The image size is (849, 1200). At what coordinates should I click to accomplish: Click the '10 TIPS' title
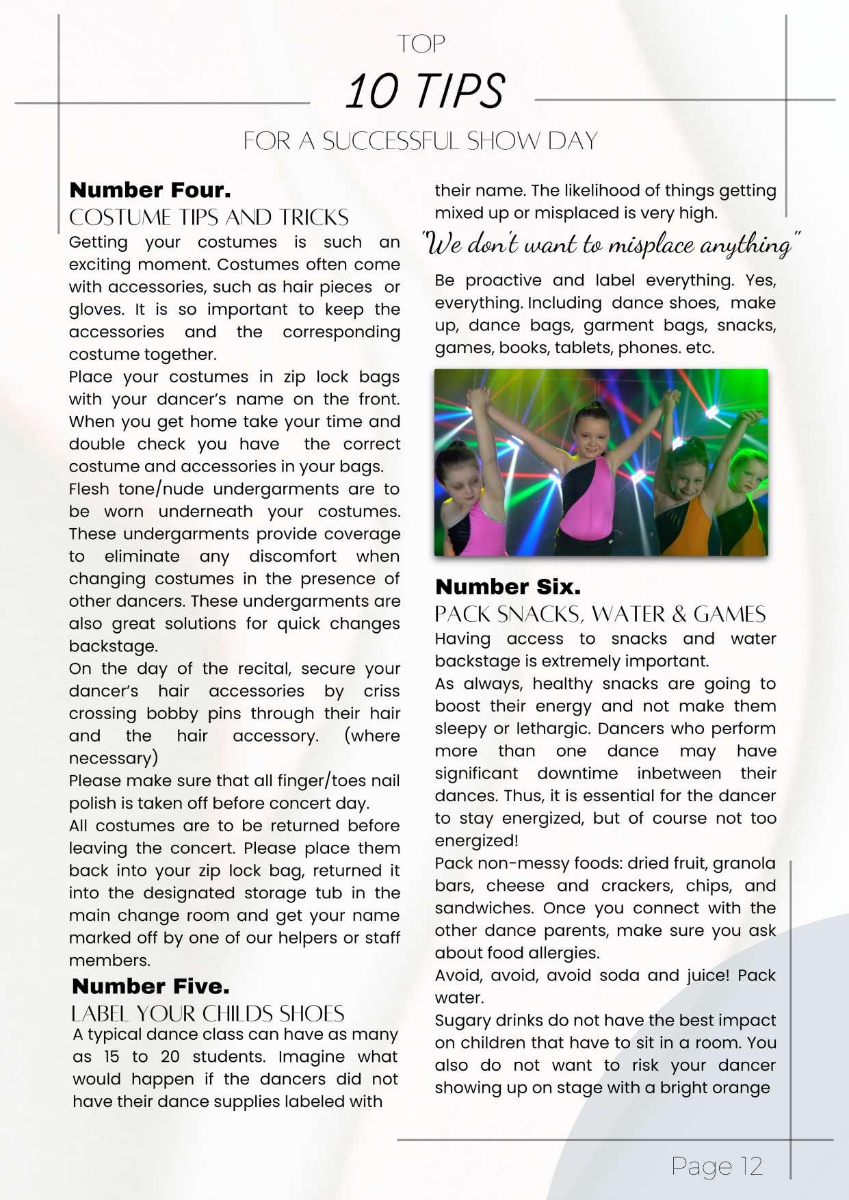point(425,91)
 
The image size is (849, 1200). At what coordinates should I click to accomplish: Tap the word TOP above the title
point(421,44)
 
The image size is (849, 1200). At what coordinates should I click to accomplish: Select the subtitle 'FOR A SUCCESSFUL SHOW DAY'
point(421,141)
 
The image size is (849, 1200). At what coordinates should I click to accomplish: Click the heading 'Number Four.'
point(150,190)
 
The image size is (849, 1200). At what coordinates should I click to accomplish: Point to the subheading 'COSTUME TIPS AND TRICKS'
point(209,218)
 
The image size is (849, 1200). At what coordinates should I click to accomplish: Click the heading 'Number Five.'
point(151,986)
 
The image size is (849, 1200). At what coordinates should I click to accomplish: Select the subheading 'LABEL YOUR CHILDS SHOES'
point(207,1013)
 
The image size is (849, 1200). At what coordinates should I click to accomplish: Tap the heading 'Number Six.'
point(508,586)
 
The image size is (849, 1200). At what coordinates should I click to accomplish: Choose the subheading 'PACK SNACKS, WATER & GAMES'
point(600,614)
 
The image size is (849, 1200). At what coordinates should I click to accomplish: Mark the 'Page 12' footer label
point(716,1166)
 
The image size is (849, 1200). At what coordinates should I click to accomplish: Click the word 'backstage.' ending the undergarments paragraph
point(113,646)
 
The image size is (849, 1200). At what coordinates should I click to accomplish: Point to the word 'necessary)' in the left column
point(113,758)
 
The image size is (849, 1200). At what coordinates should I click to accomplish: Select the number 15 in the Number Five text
point(112,1056)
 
